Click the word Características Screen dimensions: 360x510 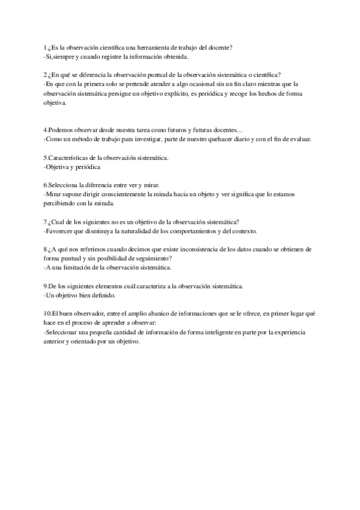70,158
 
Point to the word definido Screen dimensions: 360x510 100,295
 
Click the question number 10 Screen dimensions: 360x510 47,314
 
